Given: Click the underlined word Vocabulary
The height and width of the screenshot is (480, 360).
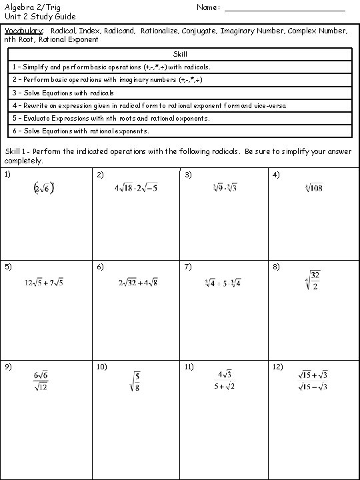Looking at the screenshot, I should [x=24, y=31].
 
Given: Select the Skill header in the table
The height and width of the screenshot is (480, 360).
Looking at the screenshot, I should [x=179, y=53].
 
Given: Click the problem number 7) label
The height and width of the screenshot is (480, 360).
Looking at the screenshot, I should [x=189, y=267].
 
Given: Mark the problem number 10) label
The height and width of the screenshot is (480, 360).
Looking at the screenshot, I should [x=101, y=367].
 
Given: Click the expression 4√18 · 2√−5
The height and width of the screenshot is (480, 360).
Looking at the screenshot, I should [x=135, y=189].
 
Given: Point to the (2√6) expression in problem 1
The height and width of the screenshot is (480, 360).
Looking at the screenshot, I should [x=44, y=189].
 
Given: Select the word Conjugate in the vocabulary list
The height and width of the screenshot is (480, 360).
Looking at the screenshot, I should [x=199, y=31].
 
